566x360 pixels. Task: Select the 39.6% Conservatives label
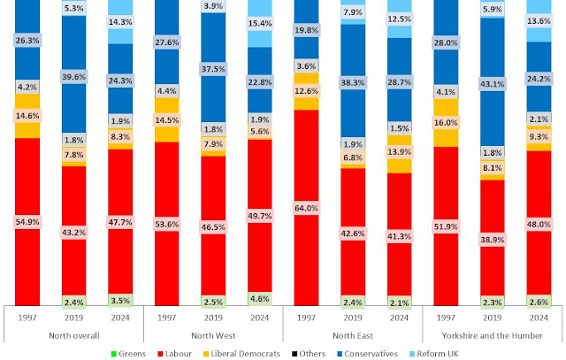pos(74,76)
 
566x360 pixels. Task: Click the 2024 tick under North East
pos(401,316)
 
